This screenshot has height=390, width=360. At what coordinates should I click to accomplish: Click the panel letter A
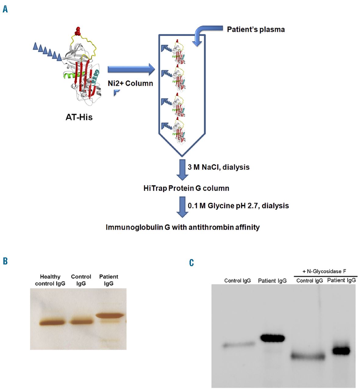5,9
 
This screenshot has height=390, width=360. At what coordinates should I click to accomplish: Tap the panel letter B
5,261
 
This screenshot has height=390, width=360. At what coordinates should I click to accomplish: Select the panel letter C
191,263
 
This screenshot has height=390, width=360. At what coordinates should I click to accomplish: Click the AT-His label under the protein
79,117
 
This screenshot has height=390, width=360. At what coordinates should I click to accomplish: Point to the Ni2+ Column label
130,83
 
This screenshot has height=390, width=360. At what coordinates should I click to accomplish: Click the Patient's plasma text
256,30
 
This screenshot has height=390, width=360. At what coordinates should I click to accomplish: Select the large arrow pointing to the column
131,69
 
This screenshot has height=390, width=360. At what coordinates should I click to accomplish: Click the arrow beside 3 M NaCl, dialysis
182,169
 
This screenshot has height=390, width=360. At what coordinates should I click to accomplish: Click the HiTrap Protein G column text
186,188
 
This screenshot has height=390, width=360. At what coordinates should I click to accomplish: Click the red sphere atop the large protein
78,31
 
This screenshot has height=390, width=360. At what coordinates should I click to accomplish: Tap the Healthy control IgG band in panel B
52,322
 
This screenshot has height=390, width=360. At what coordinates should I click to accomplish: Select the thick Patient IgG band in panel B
110,316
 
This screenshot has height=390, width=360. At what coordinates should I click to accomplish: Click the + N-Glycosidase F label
324,271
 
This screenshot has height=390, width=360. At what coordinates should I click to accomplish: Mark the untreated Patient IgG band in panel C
272,338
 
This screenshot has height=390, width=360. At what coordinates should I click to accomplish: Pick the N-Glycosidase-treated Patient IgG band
341,351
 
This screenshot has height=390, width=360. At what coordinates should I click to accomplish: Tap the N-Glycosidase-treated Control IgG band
308,356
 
